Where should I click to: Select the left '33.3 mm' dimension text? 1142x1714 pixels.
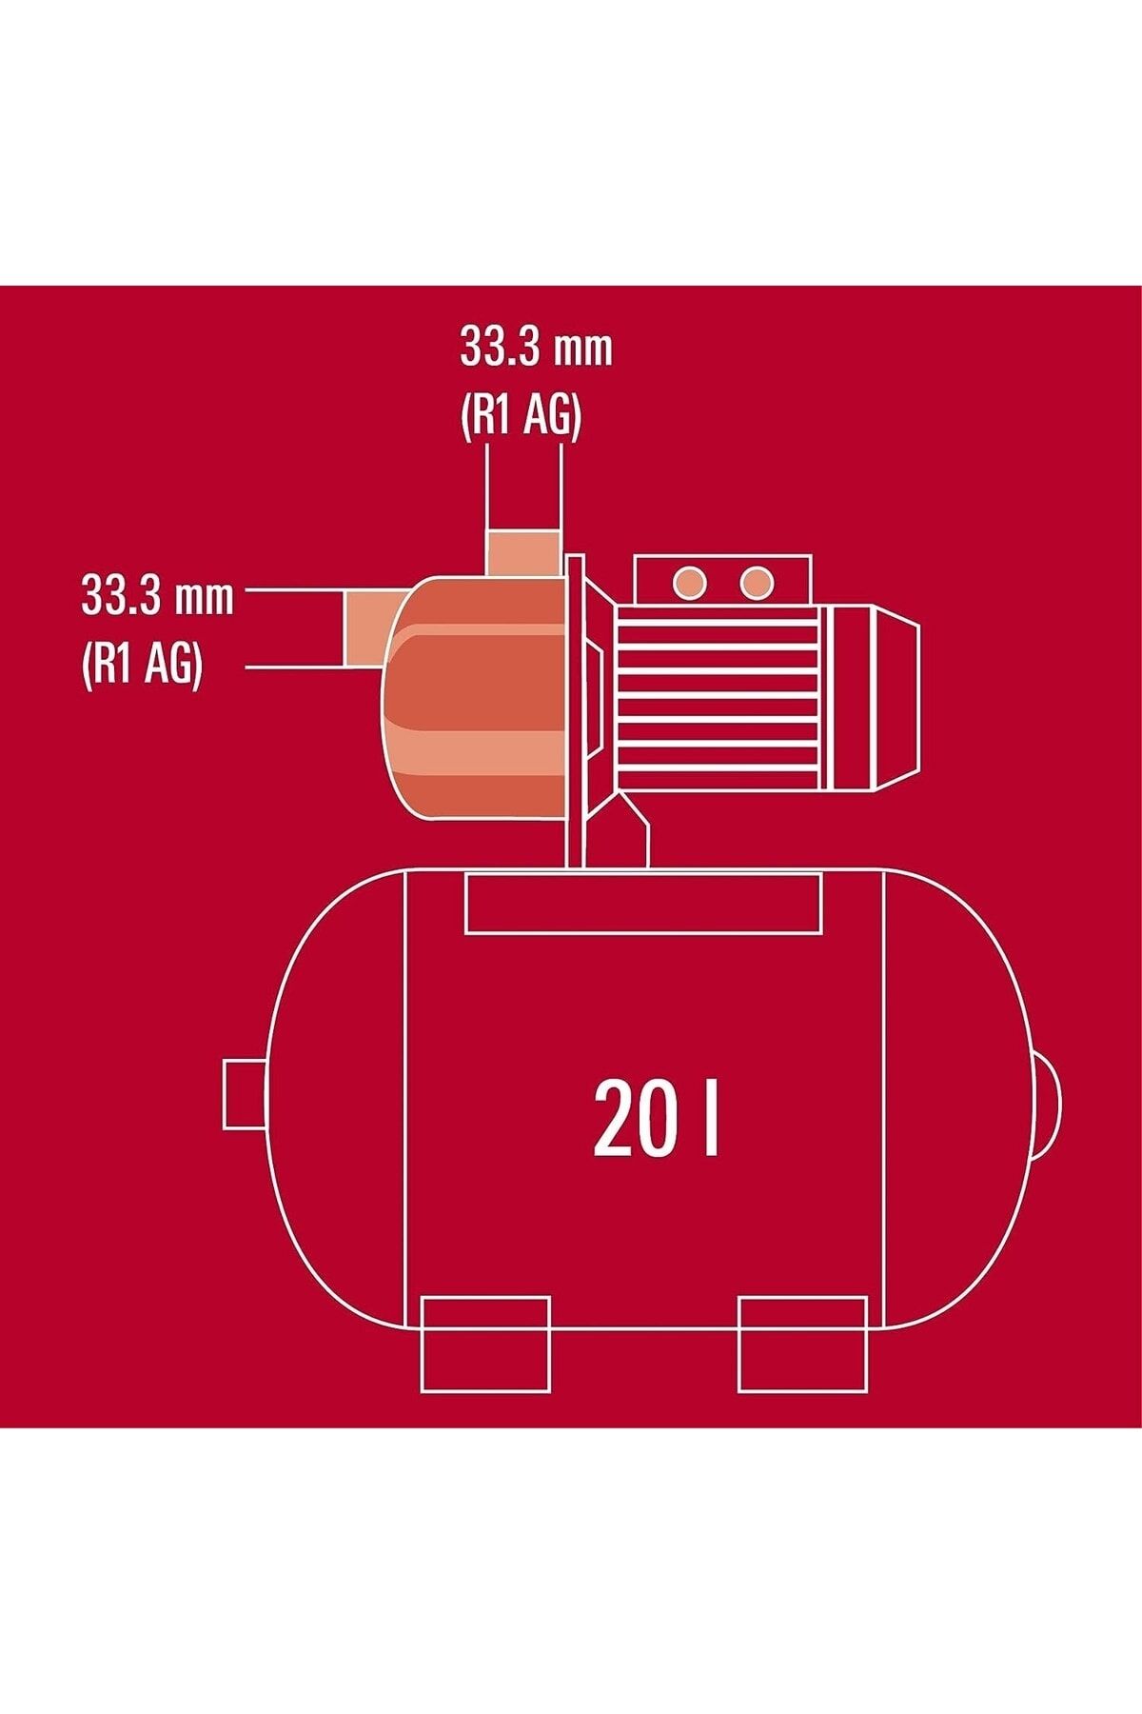[x=157, y=597]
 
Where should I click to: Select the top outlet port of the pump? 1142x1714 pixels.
[x=522, y=553]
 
